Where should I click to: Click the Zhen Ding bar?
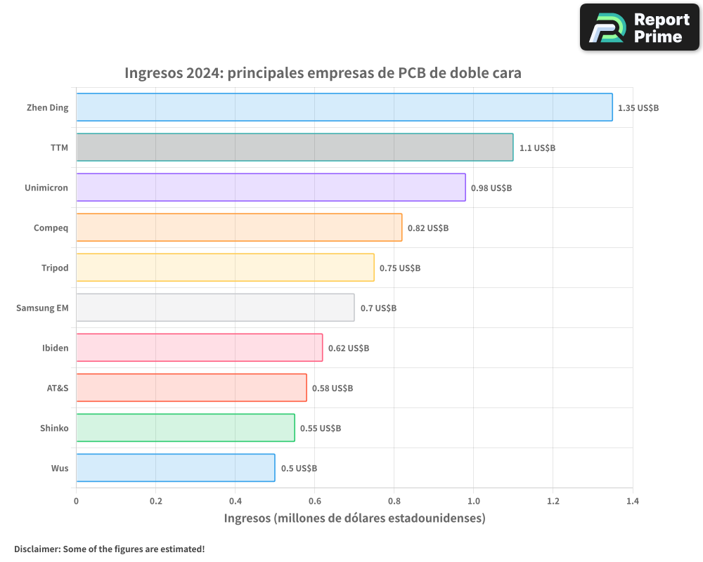point(344,107)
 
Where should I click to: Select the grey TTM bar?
point(295,148)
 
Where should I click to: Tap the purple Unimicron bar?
point(271,188)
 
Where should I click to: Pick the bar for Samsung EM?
point(215,308)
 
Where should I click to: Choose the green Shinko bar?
point(185,428)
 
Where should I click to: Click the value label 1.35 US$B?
point(638,108)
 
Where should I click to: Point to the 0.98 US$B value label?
point(491,188)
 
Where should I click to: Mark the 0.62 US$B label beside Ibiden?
point(349,348)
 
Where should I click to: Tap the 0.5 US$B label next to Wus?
point(299,469)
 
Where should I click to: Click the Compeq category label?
point(51,228)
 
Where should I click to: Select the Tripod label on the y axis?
point(55,268)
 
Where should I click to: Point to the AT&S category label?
point(58,388)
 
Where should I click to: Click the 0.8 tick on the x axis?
point(394,502)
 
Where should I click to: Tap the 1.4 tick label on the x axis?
point(632,502)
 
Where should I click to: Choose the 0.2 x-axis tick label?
point(155,502)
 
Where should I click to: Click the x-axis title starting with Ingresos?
point(354,518)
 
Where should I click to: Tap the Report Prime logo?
point(639,27)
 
